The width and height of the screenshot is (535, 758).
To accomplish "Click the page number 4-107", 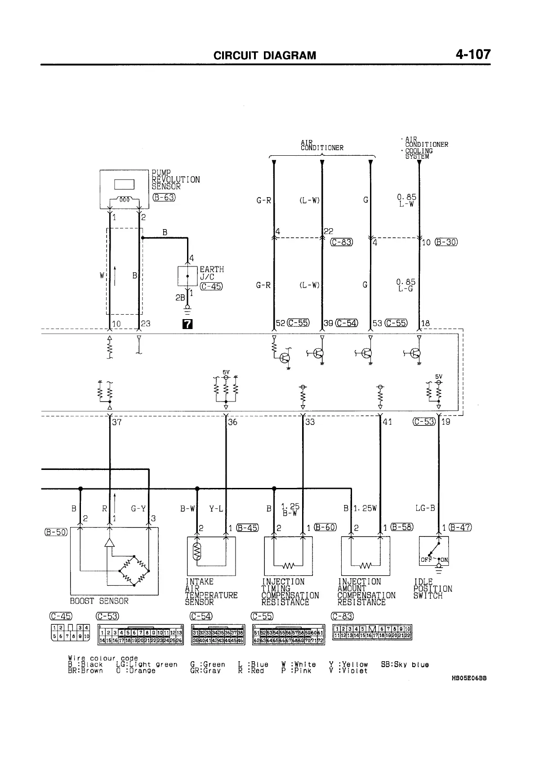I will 473,55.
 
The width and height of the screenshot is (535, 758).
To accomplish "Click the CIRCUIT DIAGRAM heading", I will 265,55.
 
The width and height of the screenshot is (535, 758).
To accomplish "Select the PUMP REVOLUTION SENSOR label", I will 175,180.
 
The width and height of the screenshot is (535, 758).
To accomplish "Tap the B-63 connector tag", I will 164,197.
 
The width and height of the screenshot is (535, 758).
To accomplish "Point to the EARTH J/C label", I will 211,273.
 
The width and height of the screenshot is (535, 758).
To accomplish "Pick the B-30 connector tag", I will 446,242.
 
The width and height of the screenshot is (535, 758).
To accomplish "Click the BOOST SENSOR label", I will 99,601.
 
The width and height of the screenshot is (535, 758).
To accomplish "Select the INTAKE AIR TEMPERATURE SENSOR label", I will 211,591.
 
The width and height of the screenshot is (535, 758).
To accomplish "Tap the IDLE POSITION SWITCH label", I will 432,589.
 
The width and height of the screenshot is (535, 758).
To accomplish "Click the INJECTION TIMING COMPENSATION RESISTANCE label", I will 290,591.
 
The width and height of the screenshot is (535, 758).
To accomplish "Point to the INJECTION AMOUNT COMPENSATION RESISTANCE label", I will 366,591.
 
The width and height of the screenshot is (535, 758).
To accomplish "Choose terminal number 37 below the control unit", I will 117,422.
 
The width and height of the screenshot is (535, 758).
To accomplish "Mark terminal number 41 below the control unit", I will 387,422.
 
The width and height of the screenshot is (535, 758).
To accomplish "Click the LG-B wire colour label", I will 425,508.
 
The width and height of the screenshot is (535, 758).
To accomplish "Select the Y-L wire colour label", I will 216,509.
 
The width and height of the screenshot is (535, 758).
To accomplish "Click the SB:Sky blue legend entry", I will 405,664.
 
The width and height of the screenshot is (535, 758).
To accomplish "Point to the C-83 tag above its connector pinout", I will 342,616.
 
